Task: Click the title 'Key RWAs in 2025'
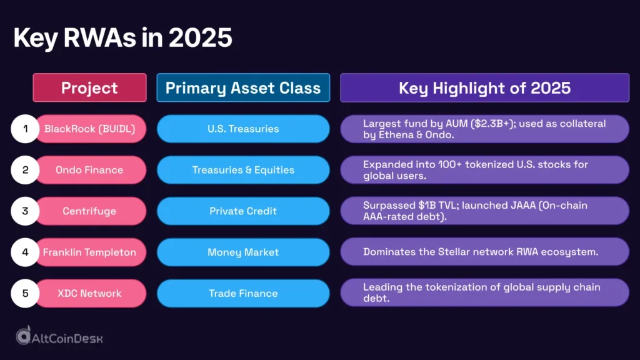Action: pos(122,39)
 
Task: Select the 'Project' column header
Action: pos(89,87)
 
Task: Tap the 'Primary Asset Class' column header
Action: pos(243,87)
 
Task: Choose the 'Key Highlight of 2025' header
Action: pos(484,87)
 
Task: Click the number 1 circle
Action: pos(26,129)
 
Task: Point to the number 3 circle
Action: pos(26,211)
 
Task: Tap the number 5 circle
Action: pos(26,293)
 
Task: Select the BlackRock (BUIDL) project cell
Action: pos(90,129)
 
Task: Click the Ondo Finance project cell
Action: pos(90,170)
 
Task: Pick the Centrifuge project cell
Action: pos(90,211)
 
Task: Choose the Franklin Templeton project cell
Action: pos(90,252)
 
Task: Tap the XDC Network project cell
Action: pos(90,293)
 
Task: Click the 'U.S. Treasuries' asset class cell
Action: pos(243,129)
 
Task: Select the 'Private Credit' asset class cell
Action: pos(243,211)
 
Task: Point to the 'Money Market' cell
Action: pos(243,252)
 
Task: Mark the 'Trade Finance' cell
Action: pos(243,293)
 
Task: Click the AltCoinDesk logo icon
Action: pos(24,336)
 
